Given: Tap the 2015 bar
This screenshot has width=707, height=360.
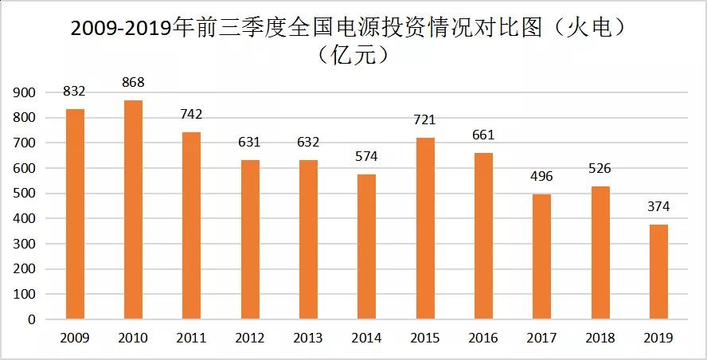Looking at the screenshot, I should pyautogui.click(x=424, y=228).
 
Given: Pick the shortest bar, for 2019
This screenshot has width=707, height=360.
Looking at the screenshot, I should pyautogui.click(x=658, y=272).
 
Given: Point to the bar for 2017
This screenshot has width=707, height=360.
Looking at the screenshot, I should pyautogui.click(x=541, y=256).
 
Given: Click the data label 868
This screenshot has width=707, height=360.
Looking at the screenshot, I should pyautogui.click(x=133, y=82).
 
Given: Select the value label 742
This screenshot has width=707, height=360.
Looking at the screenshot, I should pyautogui.click(x=191, y=114).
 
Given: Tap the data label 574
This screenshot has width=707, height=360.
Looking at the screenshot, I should pyautogui.click(x=366, y=157).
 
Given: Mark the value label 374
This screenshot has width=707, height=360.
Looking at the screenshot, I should pyautogui.click(x=658, y=207).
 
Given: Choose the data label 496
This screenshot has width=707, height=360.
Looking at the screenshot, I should pyautogui.click(x=541, y=176).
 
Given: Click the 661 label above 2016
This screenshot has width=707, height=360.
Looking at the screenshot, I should pyautogui.click(x=483, y=135).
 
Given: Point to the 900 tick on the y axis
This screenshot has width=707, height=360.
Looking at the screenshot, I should pyautogui.click(x=25, y=93).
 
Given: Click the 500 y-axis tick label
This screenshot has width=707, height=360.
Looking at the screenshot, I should pyautogui.click(x=25, y=194).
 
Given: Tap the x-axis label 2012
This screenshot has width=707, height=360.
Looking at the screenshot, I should pyautogui.click(x=249, y=338).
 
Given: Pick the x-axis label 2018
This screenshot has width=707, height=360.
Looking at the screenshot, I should pyautogui.click(x=600, y=338).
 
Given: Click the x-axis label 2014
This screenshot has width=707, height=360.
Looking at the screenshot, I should pyautogui.click(x=366, y=338).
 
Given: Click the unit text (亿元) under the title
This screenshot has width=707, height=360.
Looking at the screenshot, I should pyautogui.click(x=353, y=55).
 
